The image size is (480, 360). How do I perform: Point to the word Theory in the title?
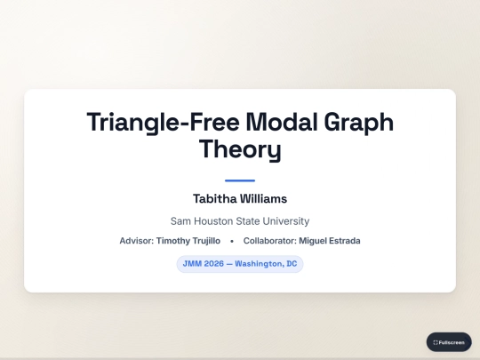[x=240, y=149]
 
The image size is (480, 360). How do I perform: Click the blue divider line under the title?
[x=240, y=180]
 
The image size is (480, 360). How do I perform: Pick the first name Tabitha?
[x=214, y=199]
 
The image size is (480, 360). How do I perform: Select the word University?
[x=286, y=220]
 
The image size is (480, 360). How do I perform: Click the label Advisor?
[x=137, y=241]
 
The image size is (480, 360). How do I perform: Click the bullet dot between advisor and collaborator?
[x=231, y=241]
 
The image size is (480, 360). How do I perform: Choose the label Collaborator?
[x=270, y=241]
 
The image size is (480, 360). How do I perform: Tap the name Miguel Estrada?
[x=330, y=241]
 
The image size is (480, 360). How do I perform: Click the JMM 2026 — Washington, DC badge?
[x=240, y=264]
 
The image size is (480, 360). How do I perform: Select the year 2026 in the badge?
[x=212, y=264]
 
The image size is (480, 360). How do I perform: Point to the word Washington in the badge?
[x=259, y=264]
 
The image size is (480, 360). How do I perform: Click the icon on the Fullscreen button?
[x=436, y=342]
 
